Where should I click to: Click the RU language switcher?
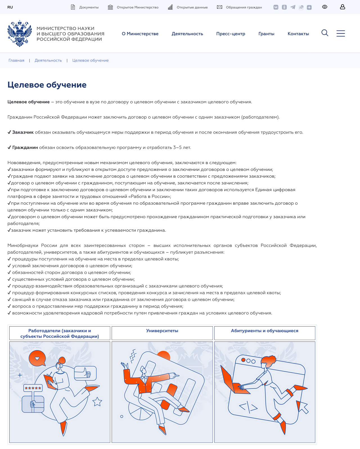pos(10,7)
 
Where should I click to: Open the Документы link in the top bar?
pos(89,7)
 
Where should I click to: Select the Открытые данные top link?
pos(192,7)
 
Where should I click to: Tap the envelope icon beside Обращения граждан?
pos(220,7)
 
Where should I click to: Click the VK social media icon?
pos(276,7)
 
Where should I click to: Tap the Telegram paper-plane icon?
pos(293,7)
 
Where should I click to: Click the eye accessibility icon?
pos(325,7)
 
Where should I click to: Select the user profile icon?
pos(342,7)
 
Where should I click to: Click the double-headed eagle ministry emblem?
pos(20,33)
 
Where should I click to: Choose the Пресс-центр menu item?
pos(231,34)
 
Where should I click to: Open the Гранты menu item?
pos(266,34)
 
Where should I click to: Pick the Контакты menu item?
pos(298,34)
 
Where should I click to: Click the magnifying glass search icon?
pos(325,33)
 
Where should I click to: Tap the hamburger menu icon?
pos(341,33)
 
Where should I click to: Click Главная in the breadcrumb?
pos(16,61)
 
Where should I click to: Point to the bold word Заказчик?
pos(23,132)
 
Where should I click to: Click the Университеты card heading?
pos(162,331)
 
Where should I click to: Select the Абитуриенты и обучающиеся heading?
pos(264,331)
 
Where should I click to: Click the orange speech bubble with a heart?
pos(37,358)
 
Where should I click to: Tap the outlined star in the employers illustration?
pos(97,402)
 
